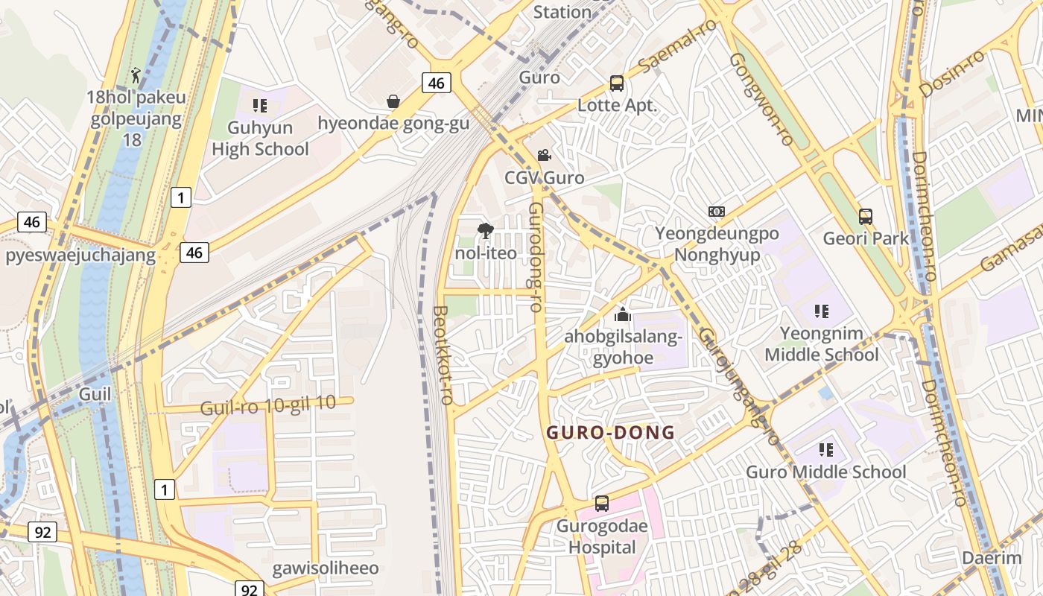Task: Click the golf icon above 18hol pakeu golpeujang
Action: coord(136,74)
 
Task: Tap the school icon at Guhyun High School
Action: coord(259,106)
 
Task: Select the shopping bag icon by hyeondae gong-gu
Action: coord(393,101)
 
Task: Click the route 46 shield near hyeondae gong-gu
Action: coord(437,83)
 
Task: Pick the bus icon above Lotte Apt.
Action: coord(617,83)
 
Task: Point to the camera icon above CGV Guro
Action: coord(544,155)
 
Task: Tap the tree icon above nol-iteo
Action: coord(486,230)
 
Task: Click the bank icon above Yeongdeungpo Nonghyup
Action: coord(716,212)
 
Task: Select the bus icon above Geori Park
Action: coord(866,217)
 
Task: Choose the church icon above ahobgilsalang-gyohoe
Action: coord(623,314)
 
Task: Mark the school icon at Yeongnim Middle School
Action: coord(822,311)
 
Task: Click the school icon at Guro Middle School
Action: coord(825,450)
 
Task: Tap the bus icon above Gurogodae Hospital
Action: coord(602,504)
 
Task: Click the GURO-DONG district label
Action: coord(611,433)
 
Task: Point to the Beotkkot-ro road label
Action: coord(443,355)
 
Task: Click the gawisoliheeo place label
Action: coord(326,568)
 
